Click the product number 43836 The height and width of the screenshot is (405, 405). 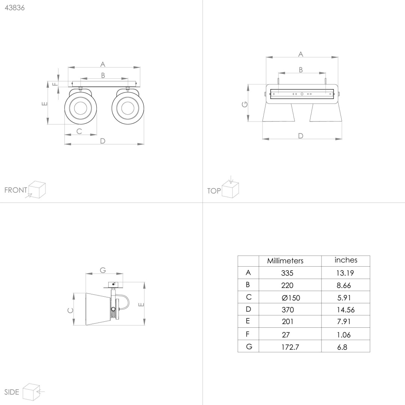(15, 8)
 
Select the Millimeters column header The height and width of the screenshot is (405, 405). (285, 261)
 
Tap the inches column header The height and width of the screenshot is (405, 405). (346, 260)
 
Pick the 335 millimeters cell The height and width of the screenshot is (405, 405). (287, 273)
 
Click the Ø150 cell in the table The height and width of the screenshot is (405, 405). (291, 297)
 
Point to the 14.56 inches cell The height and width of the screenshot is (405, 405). (346, 310)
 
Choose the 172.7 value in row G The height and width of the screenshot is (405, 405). (290, 347)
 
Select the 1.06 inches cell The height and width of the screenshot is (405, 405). (344, 335)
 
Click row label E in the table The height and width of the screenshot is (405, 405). (248, 321)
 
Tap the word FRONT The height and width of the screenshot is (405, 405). (16, 190)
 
